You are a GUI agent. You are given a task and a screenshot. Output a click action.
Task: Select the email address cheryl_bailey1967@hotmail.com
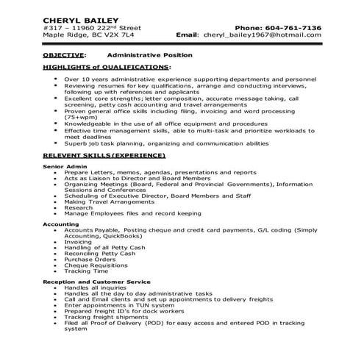coord(263,35)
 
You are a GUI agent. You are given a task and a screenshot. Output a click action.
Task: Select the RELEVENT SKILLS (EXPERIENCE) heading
coord(104,156)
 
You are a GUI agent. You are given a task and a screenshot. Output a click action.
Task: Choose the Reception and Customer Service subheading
coord(96,281)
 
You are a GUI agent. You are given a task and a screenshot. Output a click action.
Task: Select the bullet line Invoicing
coord(78,241)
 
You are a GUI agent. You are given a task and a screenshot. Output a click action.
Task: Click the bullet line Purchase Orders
coord(90,259)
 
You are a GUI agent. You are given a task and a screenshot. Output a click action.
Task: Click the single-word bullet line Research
coord(79,207)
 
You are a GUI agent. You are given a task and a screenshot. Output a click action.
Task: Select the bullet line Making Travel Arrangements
coord(106,201)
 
